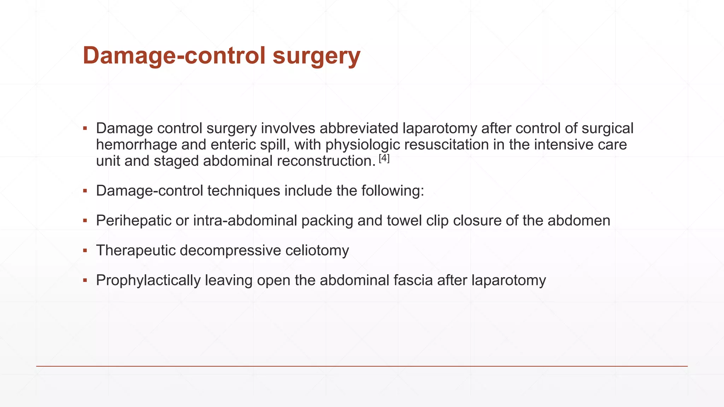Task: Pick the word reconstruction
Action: click(326, 161)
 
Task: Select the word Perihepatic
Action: click(134, 221)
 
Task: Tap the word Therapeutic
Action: click(136, 250)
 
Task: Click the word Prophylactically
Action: click(148, 281)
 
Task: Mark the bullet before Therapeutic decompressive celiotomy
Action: click(85, 250)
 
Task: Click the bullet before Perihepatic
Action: click(85, 221)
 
